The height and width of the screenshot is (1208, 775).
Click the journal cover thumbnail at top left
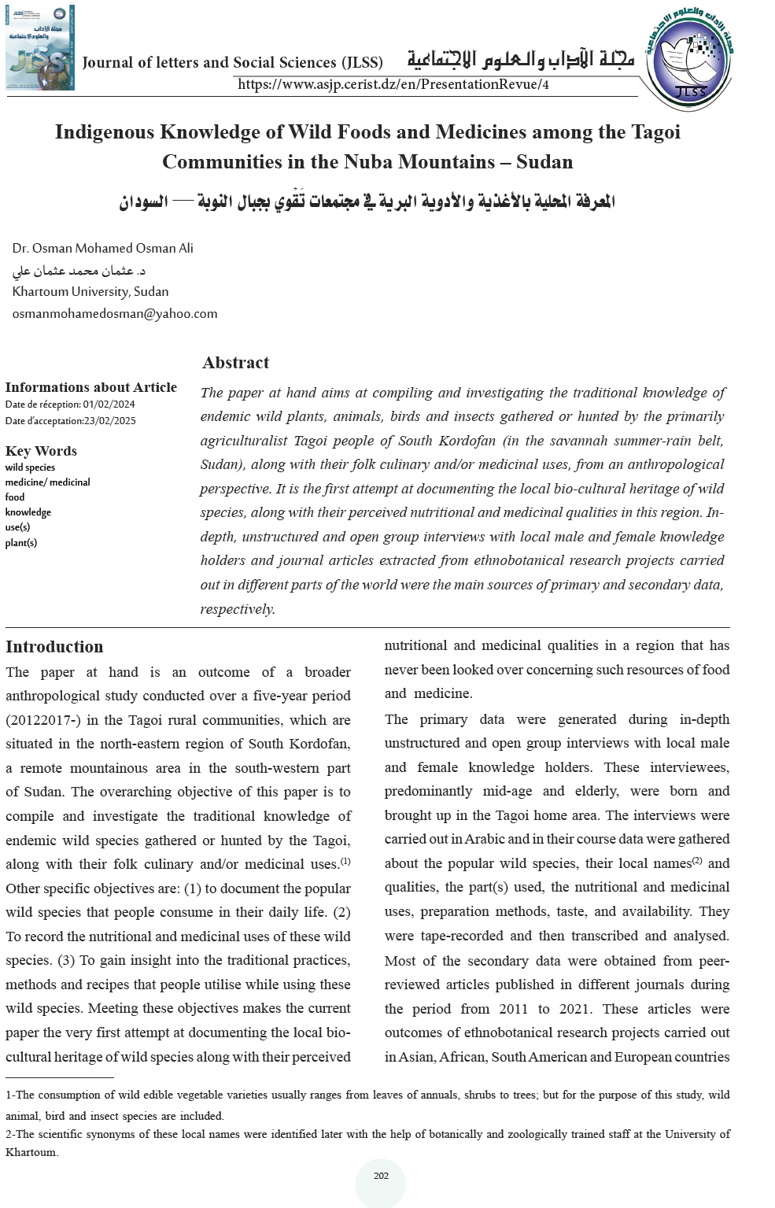point(40,47)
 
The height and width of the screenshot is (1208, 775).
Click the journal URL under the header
point(393,84)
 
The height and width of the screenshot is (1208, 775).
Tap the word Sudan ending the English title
point(544,161)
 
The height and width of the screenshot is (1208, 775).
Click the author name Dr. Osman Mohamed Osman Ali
point(102,248)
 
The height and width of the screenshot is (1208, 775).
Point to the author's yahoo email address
point(115,313)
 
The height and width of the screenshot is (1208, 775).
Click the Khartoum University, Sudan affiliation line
point(90,291)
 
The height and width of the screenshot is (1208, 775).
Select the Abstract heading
point(235,363)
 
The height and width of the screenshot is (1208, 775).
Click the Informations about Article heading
point(91,387)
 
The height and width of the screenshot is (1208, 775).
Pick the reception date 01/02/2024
point(109,405)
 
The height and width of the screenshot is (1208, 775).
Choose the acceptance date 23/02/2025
point(109,421)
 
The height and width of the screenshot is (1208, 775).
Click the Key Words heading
point(41,451)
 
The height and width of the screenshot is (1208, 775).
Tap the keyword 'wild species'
point(30,467)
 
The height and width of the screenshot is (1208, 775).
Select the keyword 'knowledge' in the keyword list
point(28,512)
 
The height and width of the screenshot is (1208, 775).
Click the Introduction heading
point(54,647)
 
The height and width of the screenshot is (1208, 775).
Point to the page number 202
point(381,1176)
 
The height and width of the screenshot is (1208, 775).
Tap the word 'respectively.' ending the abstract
point(238,609)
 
